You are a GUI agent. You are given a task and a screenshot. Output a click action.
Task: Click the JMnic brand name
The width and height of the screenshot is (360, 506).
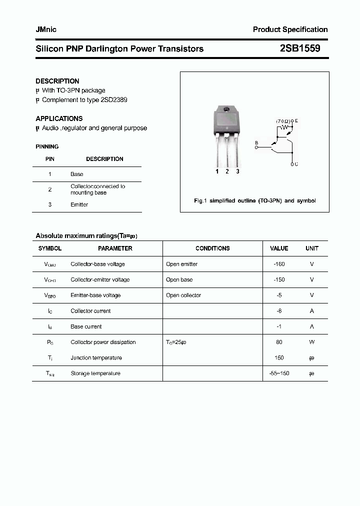point(46,29)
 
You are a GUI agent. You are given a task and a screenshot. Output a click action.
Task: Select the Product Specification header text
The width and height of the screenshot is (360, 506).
point(290,29)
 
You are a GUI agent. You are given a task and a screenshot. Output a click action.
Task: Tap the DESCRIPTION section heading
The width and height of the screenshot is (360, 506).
point(57,81)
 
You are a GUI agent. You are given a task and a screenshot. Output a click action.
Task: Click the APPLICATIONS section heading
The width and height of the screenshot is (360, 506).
point(59,118)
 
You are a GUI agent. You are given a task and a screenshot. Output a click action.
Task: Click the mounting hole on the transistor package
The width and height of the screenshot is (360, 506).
point(226,109)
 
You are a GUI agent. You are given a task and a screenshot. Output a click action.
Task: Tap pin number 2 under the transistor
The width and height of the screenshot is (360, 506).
point(227,171)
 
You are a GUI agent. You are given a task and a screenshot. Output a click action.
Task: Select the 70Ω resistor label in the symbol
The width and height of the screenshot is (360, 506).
point(283,121)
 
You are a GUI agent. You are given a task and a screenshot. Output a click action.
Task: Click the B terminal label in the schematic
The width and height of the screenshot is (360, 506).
point(256,143)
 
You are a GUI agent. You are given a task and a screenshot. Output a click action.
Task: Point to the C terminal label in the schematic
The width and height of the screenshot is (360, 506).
point(295,164)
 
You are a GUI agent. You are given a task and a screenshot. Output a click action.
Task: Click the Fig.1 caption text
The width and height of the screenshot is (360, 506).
point(254,200)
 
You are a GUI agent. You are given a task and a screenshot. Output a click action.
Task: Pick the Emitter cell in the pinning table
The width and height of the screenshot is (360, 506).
point(79,204)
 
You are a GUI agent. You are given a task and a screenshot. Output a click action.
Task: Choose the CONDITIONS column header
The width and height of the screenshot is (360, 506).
point(212,248)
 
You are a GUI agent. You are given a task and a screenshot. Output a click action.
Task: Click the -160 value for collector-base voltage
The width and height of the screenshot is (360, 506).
point(279,264)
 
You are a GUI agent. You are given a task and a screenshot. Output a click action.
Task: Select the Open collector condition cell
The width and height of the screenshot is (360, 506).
point(183,295)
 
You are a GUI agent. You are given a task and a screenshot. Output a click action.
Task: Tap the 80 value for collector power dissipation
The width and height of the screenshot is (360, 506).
point(279,342)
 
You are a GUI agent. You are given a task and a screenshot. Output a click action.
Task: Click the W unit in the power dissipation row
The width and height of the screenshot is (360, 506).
point(311,342)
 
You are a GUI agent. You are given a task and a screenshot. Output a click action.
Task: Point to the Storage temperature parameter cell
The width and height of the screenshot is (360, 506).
point(95,373)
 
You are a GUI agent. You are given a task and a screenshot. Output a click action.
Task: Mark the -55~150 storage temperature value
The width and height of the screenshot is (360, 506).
point(279,373)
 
